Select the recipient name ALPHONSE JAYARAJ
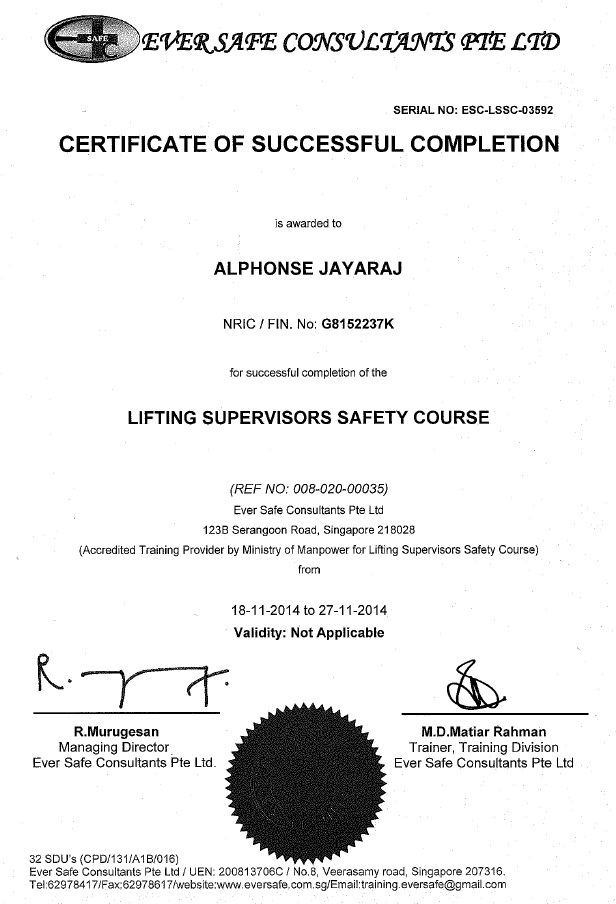tap(308, 269)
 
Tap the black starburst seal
tap(307, 778)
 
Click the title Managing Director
tap(117, 747)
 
